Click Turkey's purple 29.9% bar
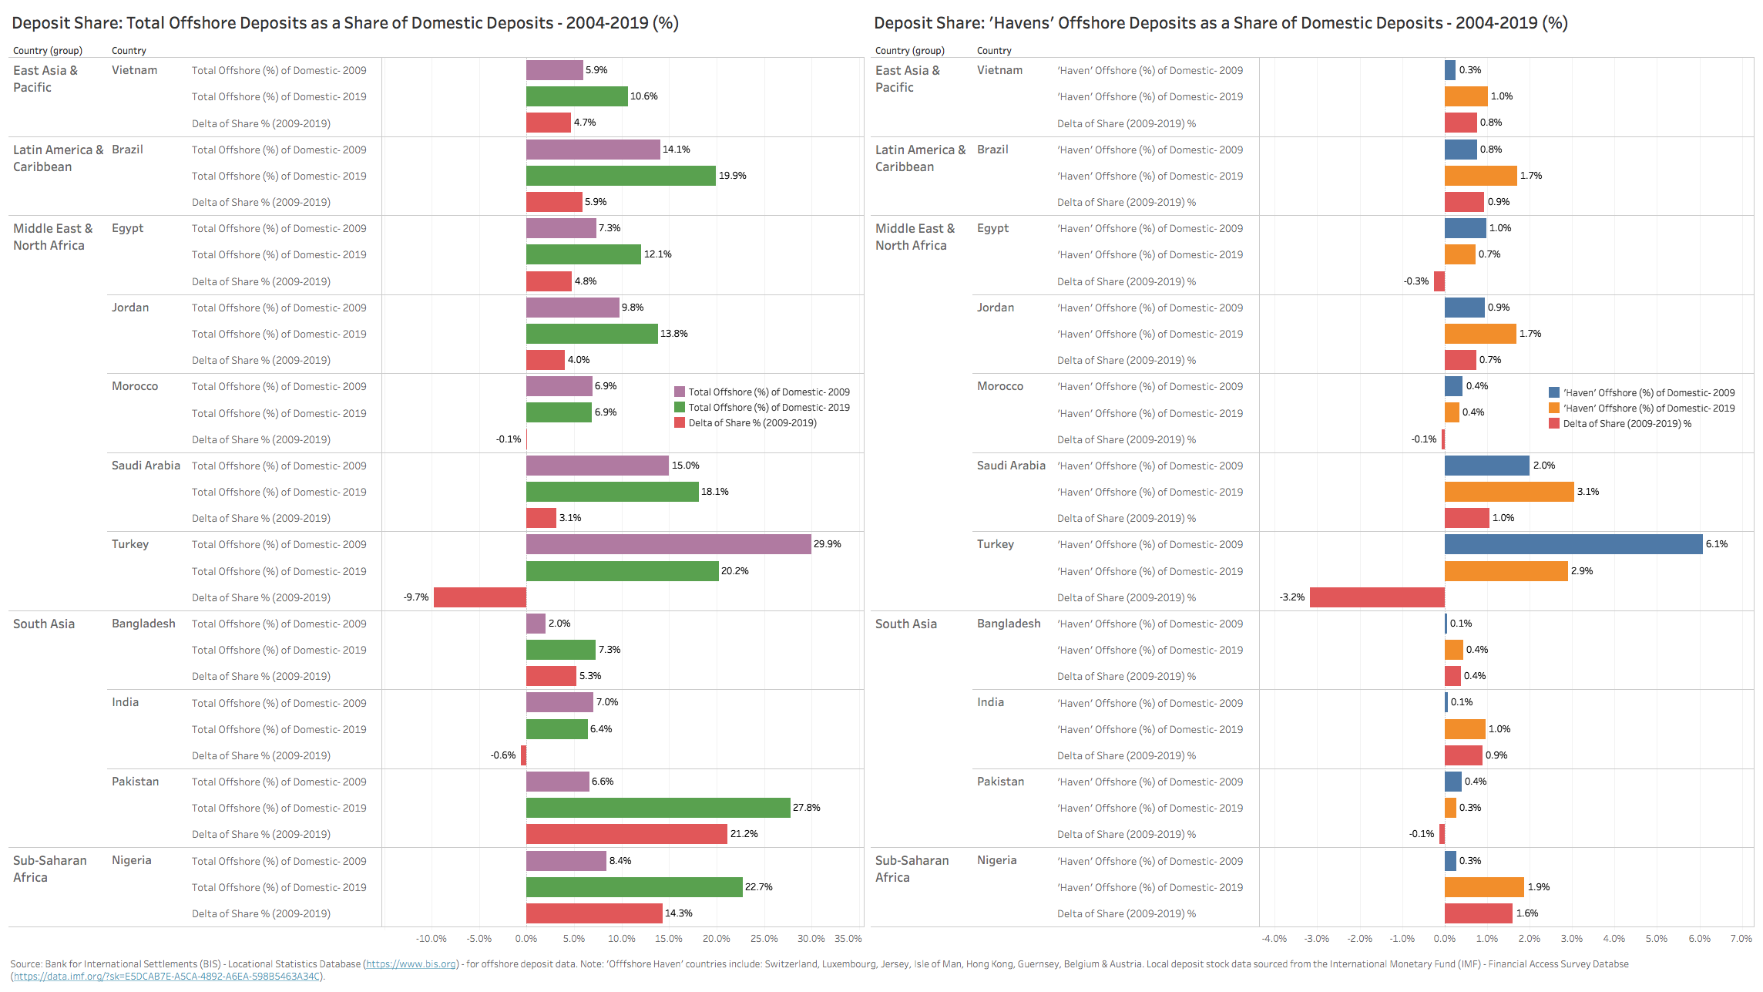click(668, 544)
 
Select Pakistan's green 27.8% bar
click(658, 808)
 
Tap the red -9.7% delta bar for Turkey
click(479, 597)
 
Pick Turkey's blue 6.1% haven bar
click(1573, 544)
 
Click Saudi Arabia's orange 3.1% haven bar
click(1509, 492)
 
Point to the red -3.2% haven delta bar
click(1377, 597)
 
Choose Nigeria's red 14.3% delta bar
click(594, 913)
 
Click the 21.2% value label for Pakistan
click(744, 834)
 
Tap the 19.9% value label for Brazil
click(733, 176)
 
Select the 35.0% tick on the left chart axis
click(848, 939)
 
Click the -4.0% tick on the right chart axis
click(1274, 939)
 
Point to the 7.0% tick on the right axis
click(1741, 939)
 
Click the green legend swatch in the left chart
click(680, 408)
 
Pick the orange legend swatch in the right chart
click(1554, 409)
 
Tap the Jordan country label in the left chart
click(130, 308)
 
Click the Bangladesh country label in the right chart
click(1009, 624)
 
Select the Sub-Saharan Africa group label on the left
click(49, 869)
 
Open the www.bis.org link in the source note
click(411, 964)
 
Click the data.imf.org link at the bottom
click(166, 977)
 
